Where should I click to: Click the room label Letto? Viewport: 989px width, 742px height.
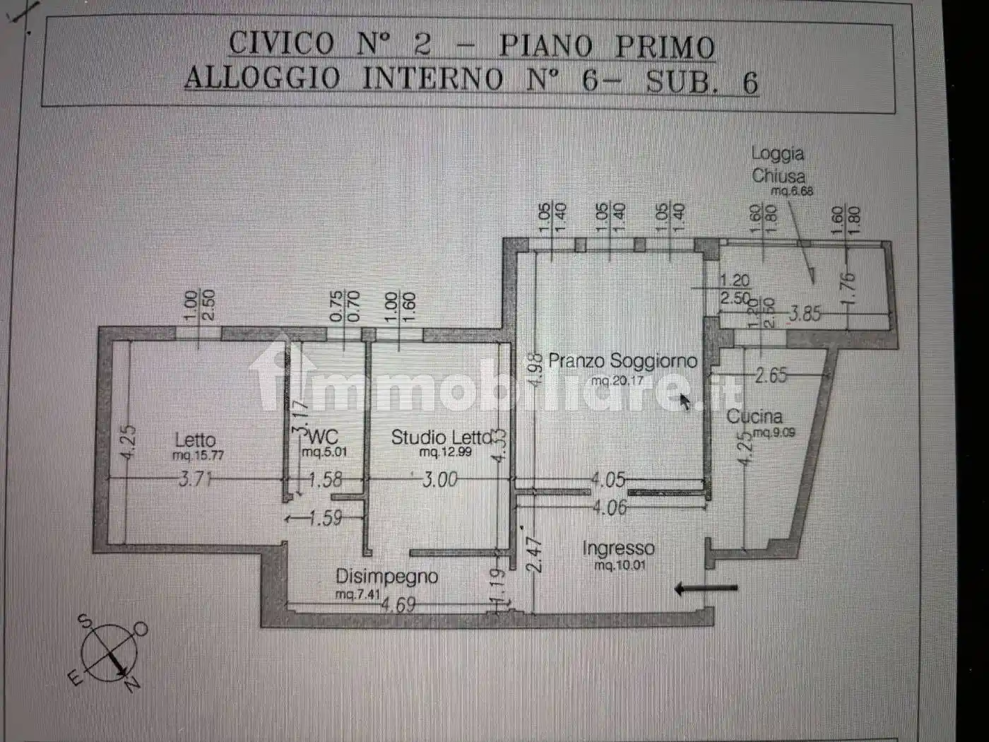pos(195,439)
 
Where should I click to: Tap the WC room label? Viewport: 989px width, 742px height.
pos(324,436)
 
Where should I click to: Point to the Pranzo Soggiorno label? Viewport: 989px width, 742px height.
pos(622,361)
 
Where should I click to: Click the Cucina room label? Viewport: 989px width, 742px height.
pos(754,416)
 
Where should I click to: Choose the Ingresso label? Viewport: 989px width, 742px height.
pos(618,548)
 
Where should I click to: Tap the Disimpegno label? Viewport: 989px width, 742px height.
pos(386,577)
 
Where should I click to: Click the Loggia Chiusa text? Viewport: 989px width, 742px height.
pos(778,165)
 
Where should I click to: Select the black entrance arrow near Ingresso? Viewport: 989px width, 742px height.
pos(706,588)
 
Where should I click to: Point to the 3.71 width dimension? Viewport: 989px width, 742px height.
pos(194,481)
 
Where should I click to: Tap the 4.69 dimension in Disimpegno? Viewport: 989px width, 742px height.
pos(398,606)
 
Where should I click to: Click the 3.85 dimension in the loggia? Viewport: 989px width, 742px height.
pos(805,313)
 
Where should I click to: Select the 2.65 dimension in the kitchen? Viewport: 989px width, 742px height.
pos(771,375)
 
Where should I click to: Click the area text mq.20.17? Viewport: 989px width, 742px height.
pos(618,381)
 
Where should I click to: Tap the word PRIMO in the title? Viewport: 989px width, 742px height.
pos(665,47)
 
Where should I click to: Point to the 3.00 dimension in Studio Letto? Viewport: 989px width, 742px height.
pos(439,481)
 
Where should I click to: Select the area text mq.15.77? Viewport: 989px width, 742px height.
pos(198,456)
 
